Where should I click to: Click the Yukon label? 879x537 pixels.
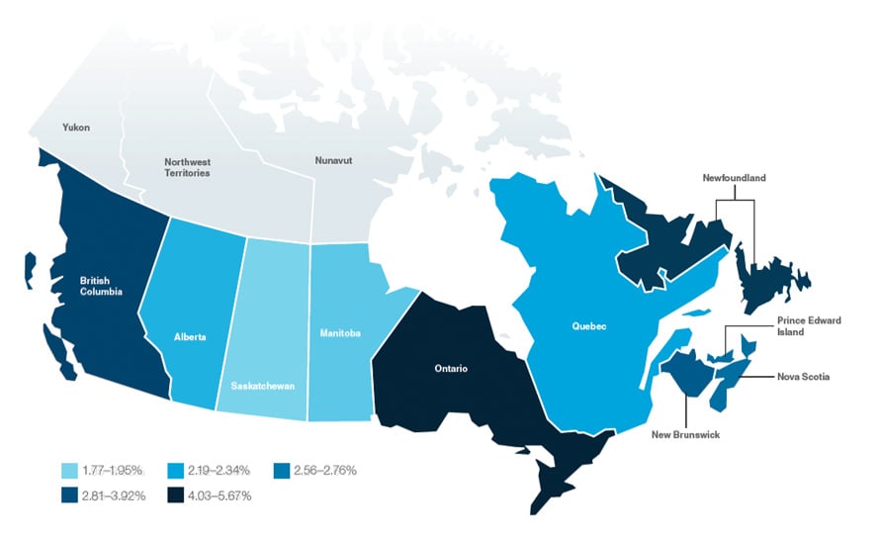[75, 128]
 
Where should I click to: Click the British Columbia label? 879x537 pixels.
[101, 286]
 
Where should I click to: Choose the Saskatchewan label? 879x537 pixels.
[263, 385]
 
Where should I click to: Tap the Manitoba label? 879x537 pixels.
[339, 333]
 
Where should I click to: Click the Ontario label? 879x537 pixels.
[450, 369]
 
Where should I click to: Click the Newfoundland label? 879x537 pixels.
[735, 178]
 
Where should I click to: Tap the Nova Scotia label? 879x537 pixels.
[803, 377]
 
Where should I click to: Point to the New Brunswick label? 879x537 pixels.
[684, 434]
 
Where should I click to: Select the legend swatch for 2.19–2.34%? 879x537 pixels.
[179, 470]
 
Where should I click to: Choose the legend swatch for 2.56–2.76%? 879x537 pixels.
[284, 470]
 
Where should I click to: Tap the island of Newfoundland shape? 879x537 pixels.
[768, 281]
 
